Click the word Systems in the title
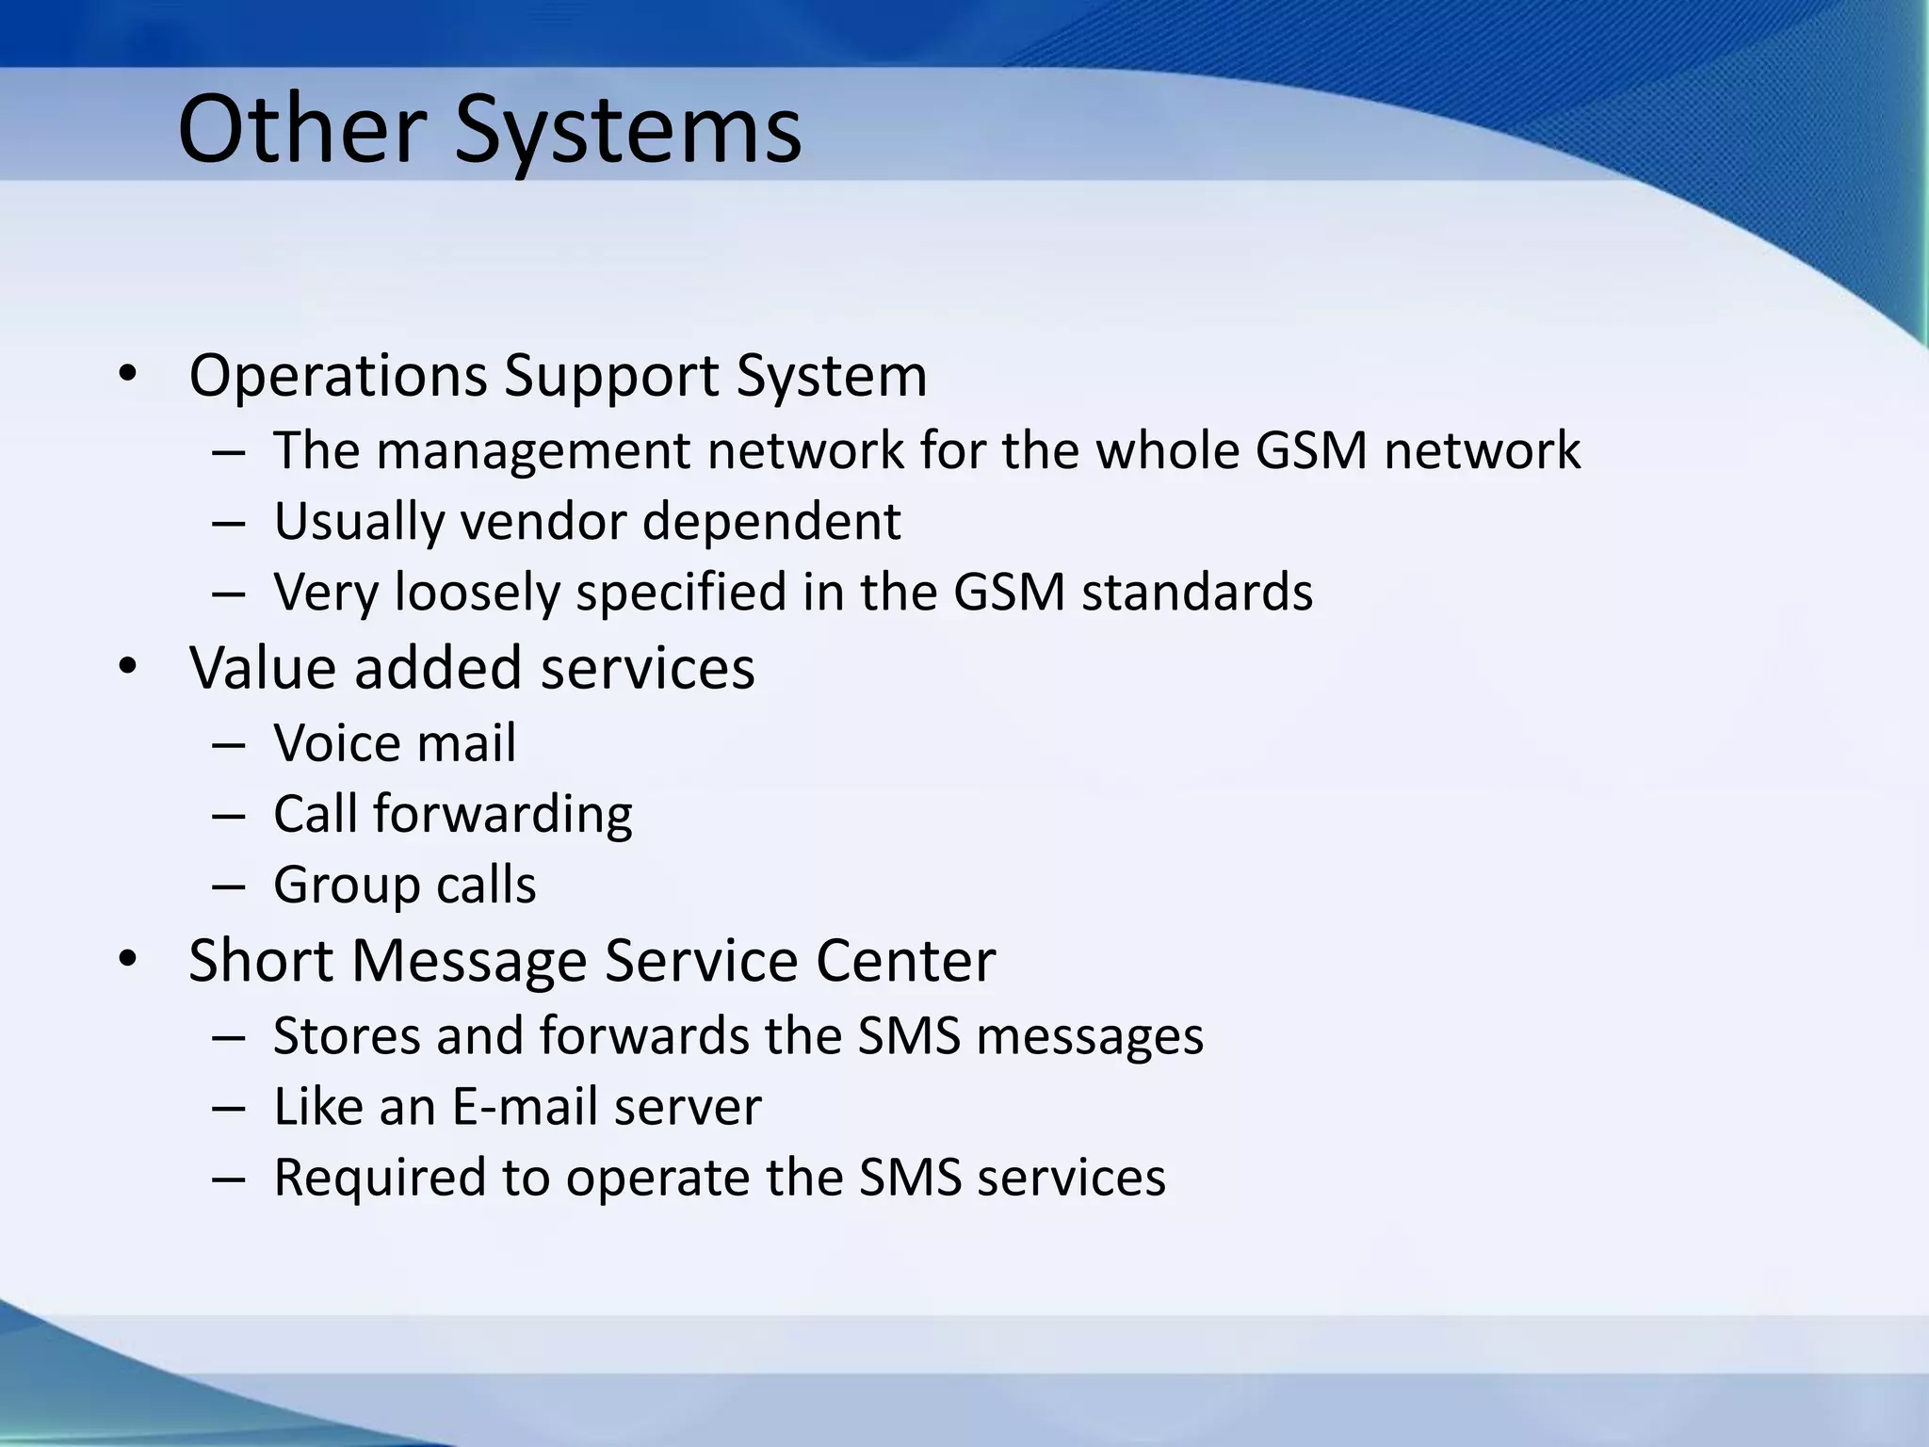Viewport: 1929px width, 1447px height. (628, 132)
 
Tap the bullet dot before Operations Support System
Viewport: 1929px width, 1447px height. (128, 375)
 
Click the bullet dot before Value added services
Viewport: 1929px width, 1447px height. (128, 668)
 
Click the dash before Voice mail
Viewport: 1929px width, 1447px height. (229, 744)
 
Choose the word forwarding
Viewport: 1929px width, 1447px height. (503, 815)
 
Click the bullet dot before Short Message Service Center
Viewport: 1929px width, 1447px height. (128, 960)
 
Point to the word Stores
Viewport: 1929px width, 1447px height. (346, 1035)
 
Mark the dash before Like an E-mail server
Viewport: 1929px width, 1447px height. (229, 1108)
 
